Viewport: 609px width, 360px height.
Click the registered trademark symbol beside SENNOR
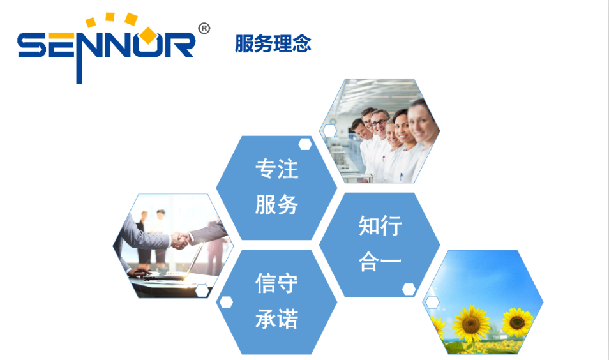[204, 29]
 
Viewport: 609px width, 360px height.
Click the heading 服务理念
[273, 43]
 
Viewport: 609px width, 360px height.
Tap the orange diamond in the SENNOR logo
[148, 35]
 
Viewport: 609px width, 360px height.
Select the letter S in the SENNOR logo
[32, 45]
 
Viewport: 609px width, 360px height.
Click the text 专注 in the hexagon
[276, 169]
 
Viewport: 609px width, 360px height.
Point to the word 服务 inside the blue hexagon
[276, 204]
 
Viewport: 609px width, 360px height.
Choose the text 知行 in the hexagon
[380, 226]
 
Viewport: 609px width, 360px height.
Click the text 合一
[380, 261]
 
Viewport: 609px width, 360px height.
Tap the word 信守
[276, 283]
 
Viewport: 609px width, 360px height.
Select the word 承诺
[276, 319]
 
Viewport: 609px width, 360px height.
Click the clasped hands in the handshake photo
[180, 240]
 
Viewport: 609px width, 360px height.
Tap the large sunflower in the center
[471, 323]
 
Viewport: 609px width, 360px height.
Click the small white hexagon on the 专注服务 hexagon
[305, 144]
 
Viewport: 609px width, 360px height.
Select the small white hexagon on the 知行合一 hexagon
[409, 289]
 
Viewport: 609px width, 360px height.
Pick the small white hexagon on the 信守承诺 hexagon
[226, 302]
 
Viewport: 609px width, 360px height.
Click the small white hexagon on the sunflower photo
[432, 302]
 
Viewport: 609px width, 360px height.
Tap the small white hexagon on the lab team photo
[330, 131]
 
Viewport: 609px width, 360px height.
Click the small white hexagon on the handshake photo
[202, 290]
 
